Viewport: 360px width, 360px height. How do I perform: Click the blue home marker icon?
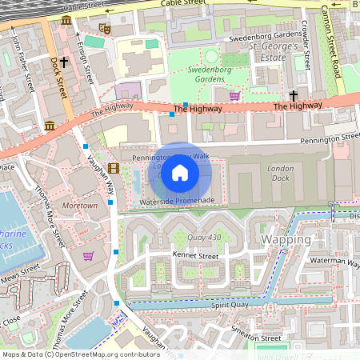point(180,172)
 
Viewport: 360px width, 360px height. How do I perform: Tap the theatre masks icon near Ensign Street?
point(103,29)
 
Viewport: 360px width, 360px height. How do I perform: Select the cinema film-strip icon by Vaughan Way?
point(113,167)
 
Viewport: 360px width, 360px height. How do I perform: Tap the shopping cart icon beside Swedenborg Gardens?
point(234,96)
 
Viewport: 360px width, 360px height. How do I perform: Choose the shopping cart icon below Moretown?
point(88,256)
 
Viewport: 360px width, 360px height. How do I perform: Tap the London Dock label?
point(281,174)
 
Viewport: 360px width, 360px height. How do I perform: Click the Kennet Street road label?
point(195,255)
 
